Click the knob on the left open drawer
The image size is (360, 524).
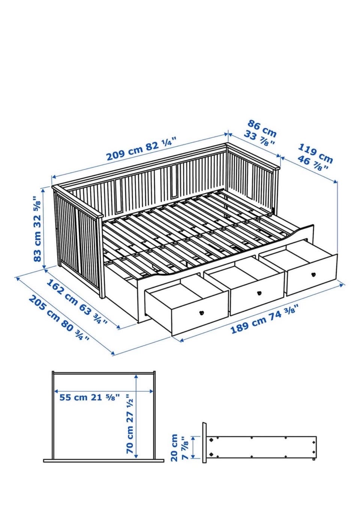[x=201, y=313]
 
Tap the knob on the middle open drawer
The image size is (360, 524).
[x=259, y=293]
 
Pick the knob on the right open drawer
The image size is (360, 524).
[x=313, y=274]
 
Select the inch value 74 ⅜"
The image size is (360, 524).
[x=284, y=313]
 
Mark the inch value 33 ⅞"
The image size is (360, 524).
[x=259, y=138]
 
